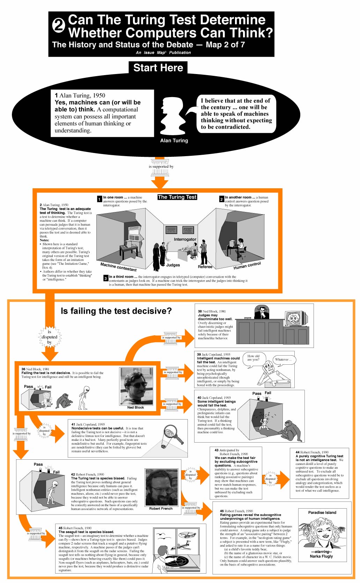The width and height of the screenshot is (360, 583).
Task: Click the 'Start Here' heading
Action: tap(158, 68)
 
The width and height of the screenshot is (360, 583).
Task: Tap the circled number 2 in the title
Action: tap(59, 25)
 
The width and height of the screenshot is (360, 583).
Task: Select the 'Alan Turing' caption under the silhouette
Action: tap(174, 140)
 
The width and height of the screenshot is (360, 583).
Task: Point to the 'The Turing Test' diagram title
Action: tap(177, 197)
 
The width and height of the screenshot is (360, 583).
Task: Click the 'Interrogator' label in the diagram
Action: tap(185, 239)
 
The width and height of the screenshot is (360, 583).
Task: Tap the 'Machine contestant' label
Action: tap(118, 267)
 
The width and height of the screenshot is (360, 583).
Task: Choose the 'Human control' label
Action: tap(247, 265)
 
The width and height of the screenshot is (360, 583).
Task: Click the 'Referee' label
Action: tap(205, 267)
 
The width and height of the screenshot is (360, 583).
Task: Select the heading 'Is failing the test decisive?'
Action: tap(116, 311)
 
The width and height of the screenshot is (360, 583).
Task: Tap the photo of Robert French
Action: tap(161, 487)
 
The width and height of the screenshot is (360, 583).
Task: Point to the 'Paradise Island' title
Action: tap(322, 512)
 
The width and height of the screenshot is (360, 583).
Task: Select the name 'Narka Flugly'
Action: tap(321, 556)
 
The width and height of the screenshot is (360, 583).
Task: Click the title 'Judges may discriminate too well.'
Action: tap(215, 317)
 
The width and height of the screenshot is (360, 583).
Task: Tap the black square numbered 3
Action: tap(106, 278)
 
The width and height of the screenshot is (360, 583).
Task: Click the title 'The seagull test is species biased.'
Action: tap(86, 532)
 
